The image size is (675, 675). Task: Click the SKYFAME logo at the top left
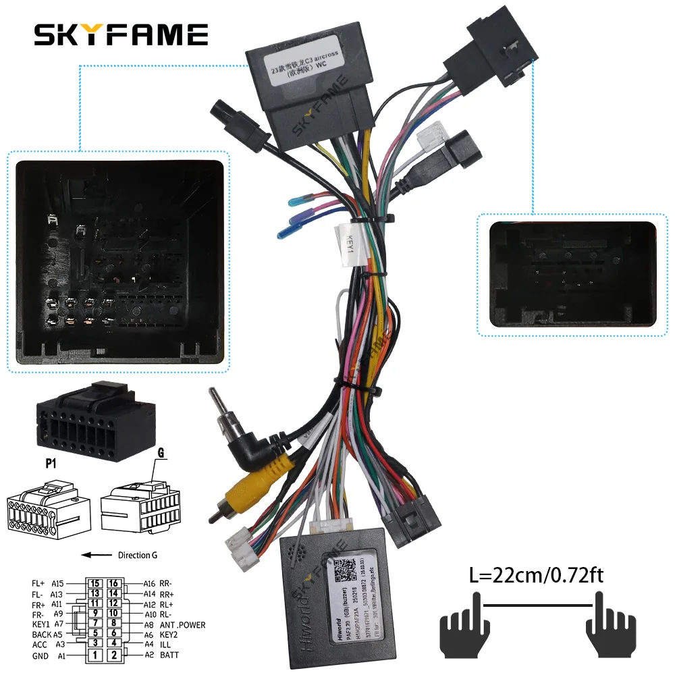[122, 34]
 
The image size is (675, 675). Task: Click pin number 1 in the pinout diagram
[96, 655]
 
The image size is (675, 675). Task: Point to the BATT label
[170, 655]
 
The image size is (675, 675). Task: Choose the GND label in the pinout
[40, 655]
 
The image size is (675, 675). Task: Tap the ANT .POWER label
[182, 624]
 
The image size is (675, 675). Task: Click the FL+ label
[38, 583]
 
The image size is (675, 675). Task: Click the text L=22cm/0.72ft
[537, 576]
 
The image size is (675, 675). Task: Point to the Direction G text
[137, 555]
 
